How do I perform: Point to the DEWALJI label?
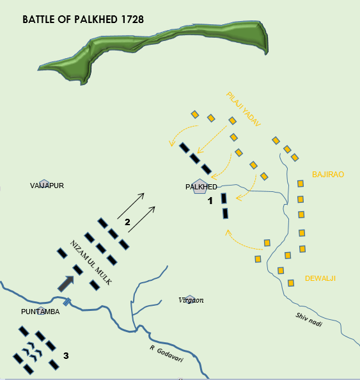pos(320,278)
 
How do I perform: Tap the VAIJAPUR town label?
pos(47,186)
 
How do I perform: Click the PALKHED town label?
pos(201,187)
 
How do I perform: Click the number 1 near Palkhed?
pos(209,201)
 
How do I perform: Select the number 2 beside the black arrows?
pos(127,222)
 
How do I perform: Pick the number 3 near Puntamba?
pos(66,355)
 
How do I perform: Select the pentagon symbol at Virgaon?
pos(189,298)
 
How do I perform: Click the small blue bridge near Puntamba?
pos(66,302)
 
